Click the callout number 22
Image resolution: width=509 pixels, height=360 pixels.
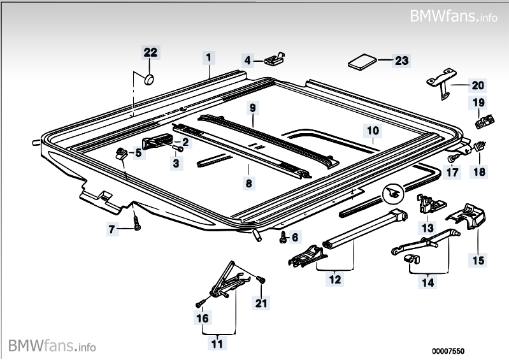click(x=150, y=52)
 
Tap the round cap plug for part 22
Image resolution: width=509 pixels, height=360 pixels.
click(x=150, y=79)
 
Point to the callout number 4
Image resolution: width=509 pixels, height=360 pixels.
click(x=247, y=61)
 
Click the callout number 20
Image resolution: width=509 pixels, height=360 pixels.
click(x=477, y=85)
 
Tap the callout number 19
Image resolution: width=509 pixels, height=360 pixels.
click(x=478, y=102)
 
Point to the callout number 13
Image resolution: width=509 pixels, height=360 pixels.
click(x=426, y=227)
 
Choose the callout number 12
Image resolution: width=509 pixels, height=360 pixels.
click(x=335, y=278)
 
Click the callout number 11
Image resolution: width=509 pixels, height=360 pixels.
click(x=217, y=344)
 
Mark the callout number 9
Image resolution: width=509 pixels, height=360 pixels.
click(x=252, y=108)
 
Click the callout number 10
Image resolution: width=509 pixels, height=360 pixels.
click(x=373, y=131)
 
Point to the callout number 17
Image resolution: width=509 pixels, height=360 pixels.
click(x=452, y=171)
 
